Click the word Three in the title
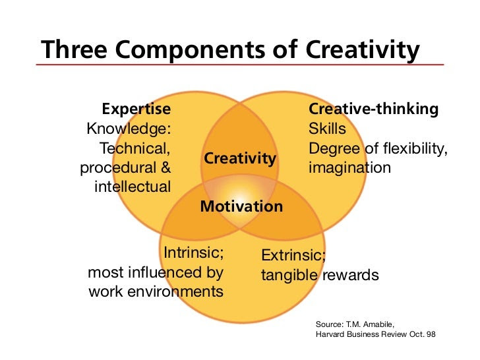coord(75,49)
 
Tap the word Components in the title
coord(191,51)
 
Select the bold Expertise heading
coord(136,109)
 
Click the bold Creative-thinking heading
coord(373,109)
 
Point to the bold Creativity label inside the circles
coord(240,158)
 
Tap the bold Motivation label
coord(241,206)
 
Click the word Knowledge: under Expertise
coord(129,129)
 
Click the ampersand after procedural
coord(165,167)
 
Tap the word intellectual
coord(133,187)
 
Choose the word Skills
coord(327,129)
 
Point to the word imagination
coord(349,168)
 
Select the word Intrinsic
coord(193,253)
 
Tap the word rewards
coord(350,275)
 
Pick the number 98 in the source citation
coord(431,334)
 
